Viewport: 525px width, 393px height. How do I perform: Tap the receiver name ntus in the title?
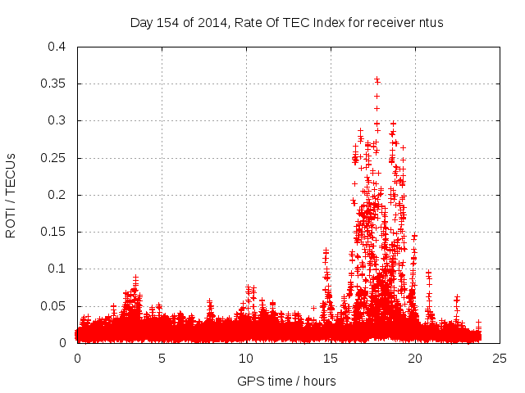pyautogui.click(x=430, y=23)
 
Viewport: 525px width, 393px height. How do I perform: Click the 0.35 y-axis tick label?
pyautogui.click(x=55, y=84)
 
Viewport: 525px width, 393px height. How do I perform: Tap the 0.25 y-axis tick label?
pyautogui.click(x=55, y=158)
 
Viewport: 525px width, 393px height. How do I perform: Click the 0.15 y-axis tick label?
pyautogui.click(x=55, y=232)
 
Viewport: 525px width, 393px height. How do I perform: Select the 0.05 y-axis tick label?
pyautogui.click(x=55, y=305)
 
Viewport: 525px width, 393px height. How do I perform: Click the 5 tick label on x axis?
pyautogui.click(x=162, y=358)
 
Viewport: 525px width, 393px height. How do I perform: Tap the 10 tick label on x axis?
pyautogui.click(x=246, y=358)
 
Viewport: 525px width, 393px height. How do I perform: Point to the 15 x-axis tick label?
pyautogui.click(x=331, y=358)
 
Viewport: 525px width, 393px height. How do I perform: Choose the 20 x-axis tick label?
pyautogui.click(x=415, y=358)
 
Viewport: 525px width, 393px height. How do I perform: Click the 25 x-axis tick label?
pyautogui.click(x=500, y=358)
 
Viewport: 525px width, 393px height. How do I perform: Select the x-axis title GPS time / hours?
pyautogui.click(x=286, y=381)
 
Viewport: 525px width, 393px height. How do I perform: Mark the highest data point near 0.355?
pyautogui.click(x=377, y=79)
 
